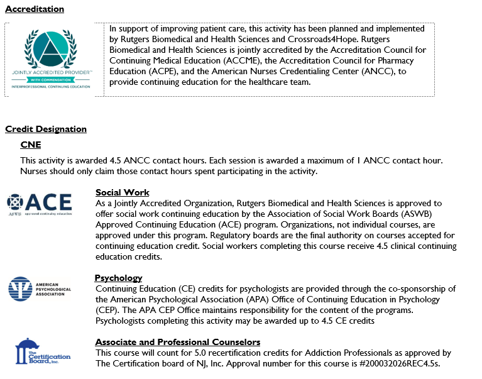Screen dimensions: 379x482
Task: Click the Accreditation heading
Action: (35, 9)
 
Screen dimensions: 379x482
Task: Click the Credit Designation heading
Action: (46, 129)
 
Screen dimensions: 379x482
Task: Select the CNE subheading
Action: (31, 145)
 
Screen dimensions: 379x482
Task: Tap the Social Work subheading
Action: (123, 192)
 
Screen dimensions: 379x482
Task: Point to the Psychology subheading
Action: (119, 278)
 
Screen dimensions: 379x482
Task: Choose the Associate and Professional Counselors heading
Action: (178, 342)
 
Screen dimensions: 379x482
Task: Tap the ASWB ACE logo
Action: (40, 204)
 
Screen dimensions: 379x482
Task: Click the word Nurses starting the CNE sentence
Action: (35, 171)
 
